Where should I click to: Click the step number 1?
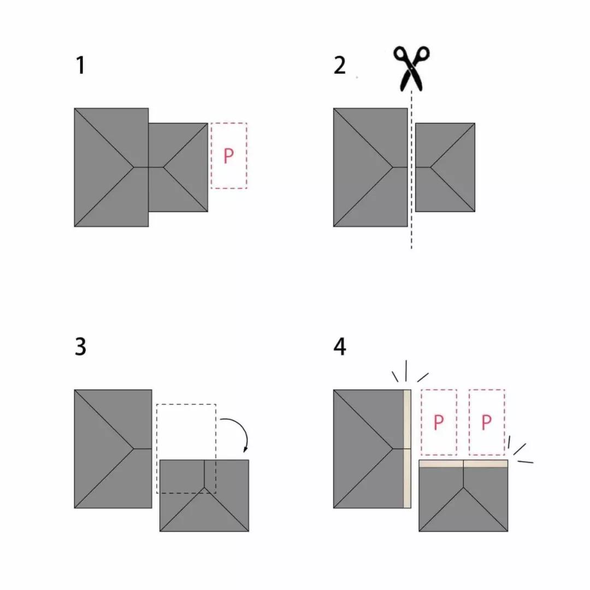click(80, 65)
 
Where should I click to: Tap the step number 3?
click(80, 346)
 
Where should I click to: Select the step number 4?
click(340, 346)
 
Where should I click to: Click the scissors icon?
click(411, 68)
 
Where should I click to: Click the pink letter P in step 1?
click(228, 156)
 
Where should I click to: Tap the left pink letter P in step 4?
click(438, 422)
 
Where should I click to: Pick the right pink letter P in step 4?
click(487, 422)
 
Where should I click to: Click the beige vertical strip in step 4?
click(407, 449)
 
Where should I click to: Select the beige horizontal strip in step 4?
click(463, 464)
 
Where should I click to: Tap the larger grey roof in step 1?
click(111, 168)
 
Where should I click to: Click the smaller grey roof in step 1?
click(178, 168)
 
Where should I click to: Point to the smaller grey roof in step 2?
click(445, 168)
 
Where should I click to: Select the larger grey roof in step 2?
click(370, 168)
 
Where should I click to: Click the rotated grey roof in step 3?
click(204, 495)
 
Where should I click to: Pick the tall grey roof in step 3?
click(113, 449)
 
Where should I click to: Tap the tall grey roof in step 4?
click(368, 449)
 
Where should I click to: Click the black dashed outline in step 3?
click(157, 449)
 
